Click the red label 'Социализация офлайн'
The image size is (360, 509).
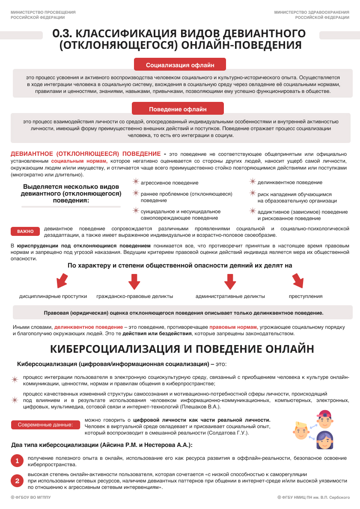click(x=180, y=65)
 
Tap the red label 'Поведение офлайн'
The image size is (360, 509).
click(x=178, y=109)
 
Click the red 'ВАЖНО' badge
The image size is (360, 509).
click(x=25, y=232)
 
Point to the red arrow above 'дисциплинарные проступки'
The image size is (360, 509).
click(x=62, y=281)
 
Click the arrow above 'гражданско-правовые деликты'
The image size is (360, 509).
click(x=134, y=281)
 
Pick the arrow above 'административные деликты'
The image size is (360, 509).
click(x=230, y=281)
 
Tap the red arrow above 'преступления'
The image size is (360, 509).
click(x=298, y=281)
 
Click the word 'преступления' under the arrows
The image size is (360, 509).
click(x=306, y=296)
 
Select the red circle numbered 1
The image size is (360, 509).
click(x=17, y=461)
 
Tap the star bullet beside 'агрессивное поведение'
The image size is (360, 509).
click(x=136, y=182)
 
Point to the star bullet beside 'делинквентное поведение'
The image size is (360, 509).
click(x=253, y=182)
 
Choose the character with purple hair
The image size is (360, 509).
click(x=324, y=440)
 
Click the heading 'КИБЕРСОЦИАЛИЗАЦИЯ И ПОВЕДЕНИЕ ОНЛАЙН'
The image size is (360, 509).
click(x=182, y=348)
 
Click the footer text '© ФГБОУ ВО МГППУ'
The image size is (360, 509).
click(x=30, y=497)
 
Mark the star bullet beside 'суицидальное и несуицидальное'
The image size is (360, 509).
click(x=136, y=211)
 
